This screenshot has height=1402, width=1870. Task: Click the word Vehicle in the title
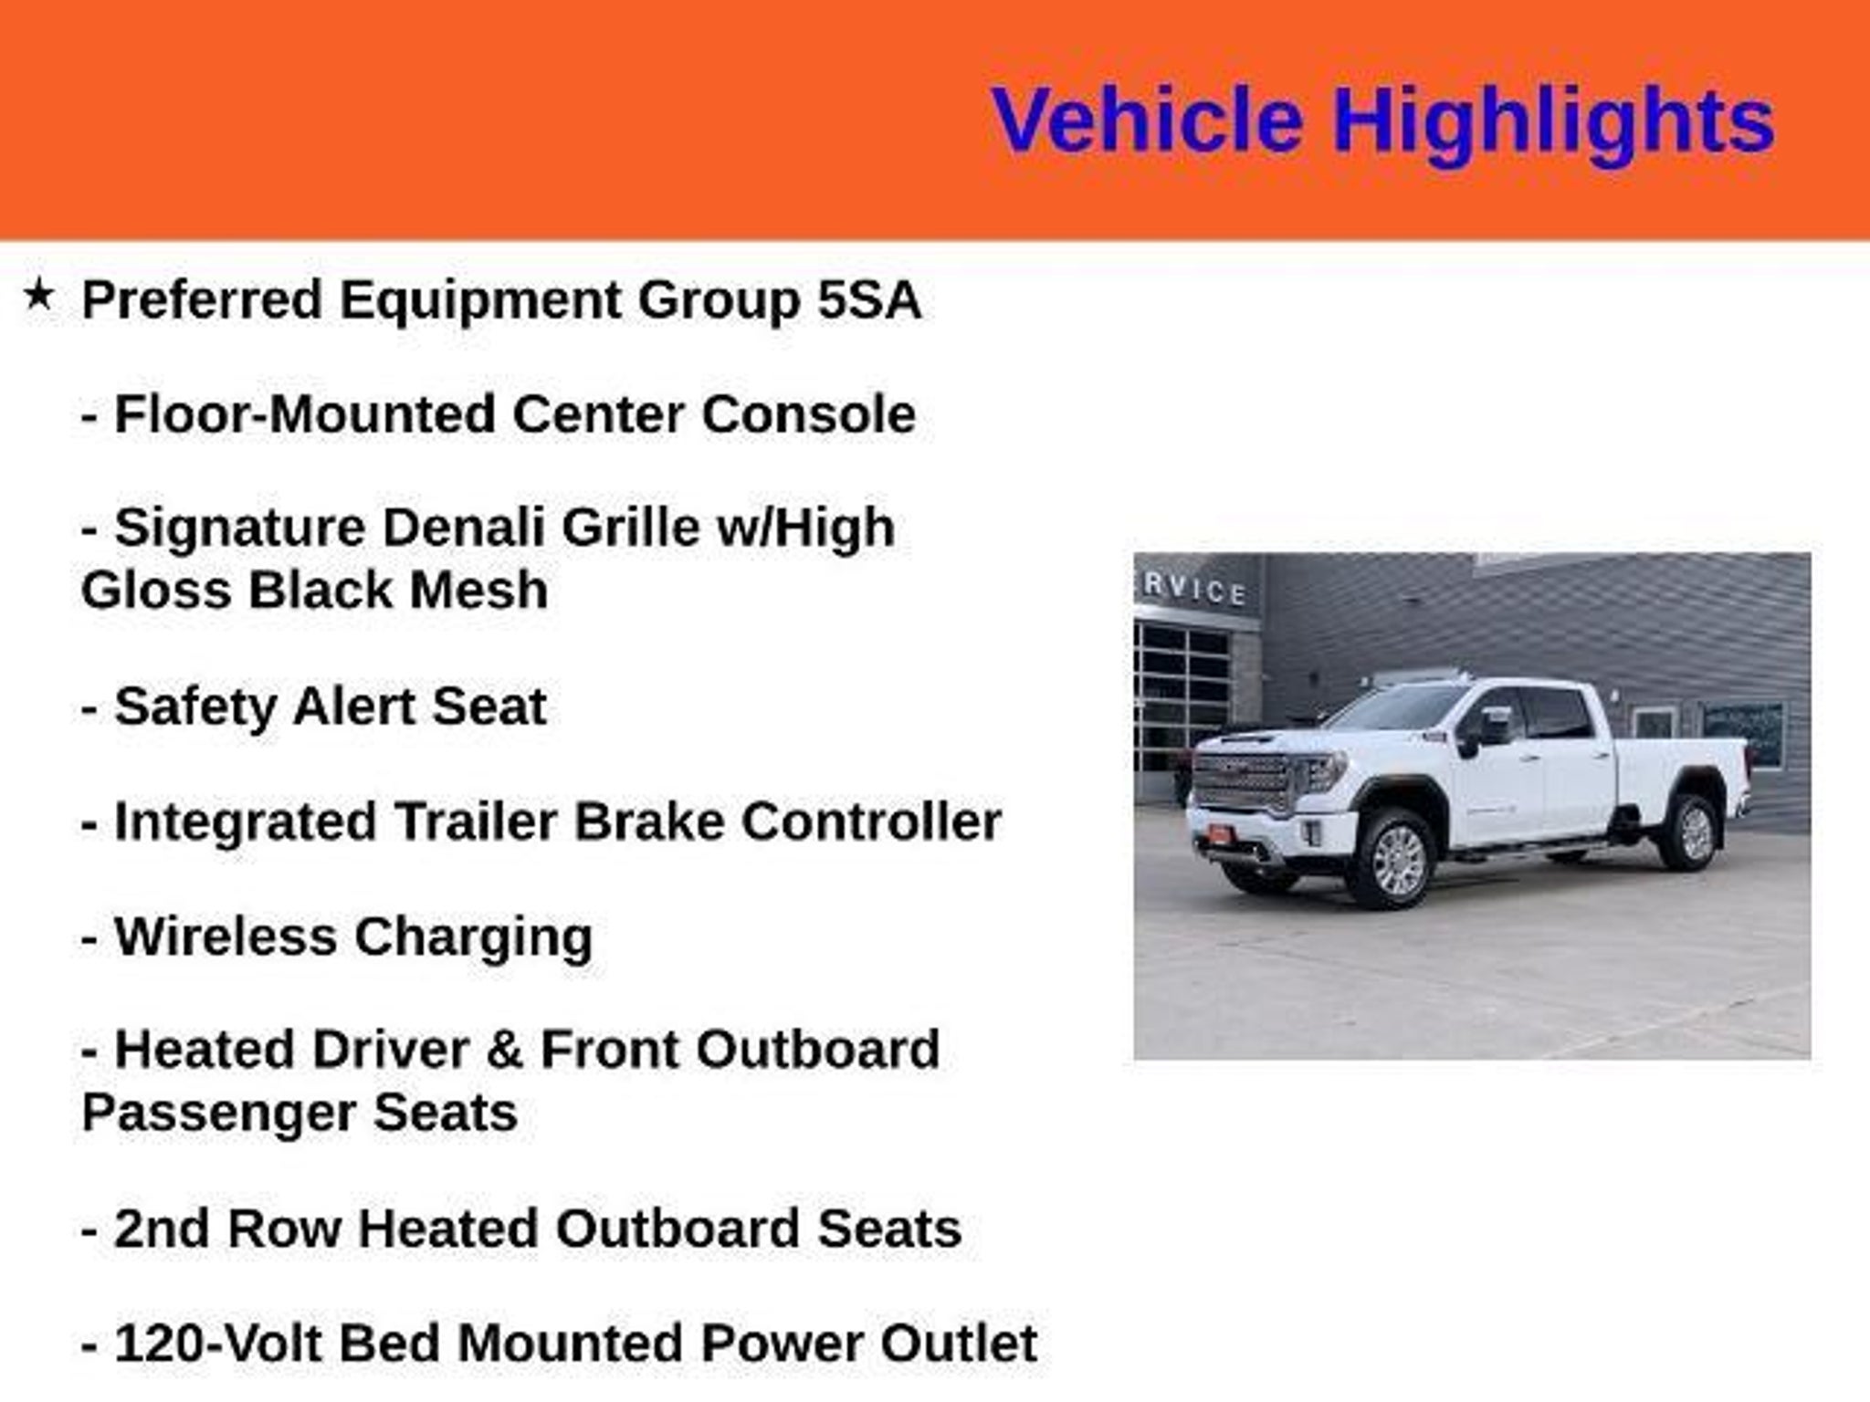(x=1147, y=120)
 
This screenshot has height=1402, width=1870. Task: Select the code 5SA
(x=868, y=299)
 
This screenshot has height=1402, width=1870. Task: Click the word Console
(x=808, y=414)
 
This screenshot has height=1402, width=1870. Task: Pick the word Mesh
(x=478, y=590)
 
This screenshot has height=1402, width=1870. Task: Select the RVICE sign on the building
(x=1194, y=590)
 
